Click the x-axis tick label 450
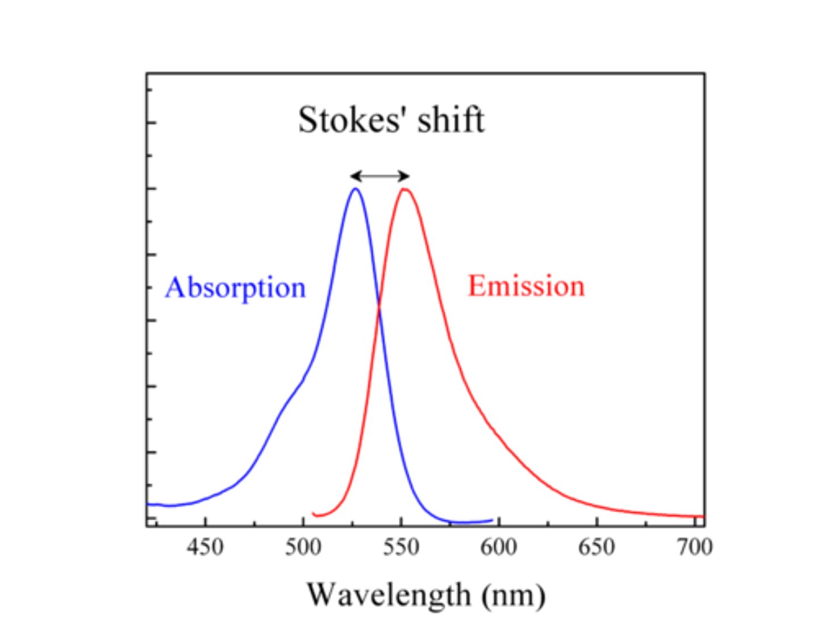[206, 548]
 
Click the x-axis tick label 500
[303, 548]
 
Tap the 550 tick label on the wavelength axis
[401, 548]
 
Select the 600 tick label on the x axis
[499, 548]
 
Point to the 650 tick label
[596, 548]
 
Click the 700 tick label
[694, 548]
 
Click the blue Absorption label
[235, 288]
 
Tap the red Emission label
[526, 286]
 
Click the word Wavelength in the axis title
[389, 595]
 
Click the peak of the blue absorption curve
[356, 189]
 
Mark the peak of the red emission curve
[404, 189]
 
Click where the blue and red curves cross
[379, 308]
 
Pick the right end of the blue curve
[491, 520]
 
